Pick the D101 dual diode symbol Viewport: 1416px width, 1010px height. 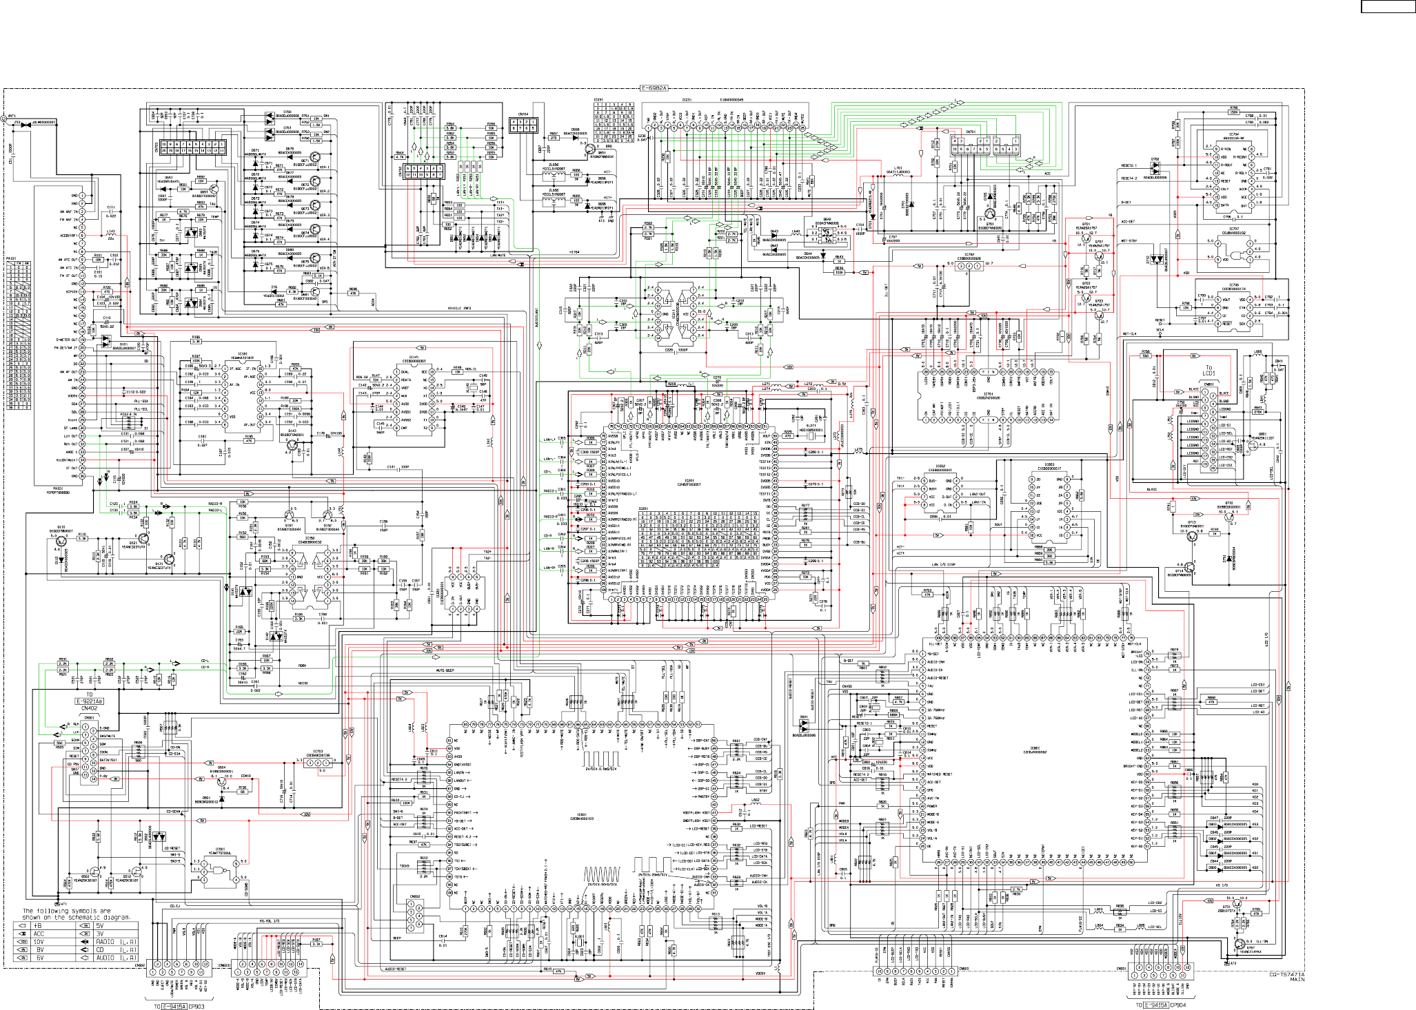coord(106,340)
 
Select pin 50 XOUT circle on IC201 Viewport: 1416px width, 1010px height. coord(775,436)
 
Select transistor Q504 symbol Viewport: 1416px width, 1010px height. coord(222,781)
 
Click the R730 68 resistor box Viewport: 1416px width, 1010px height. coord(243,792)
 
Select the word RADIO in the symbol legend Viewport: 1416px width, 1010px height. coord(105,941)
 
